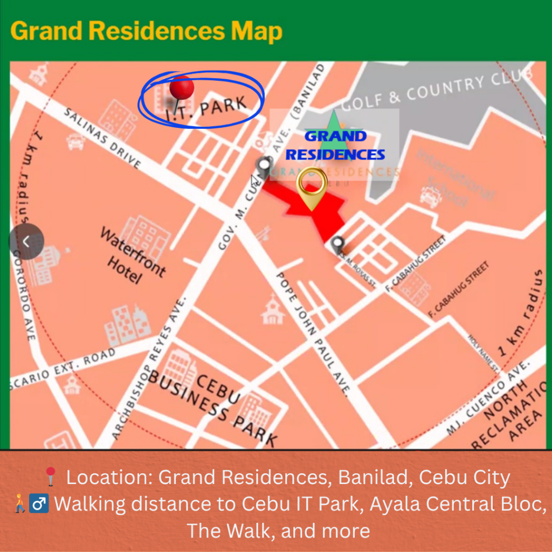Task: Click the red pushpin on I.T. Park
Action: (182, 88)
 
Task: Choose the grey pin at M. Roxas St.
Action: (338, 245)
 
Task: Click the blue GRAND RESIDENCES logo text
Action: (335, 146)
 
